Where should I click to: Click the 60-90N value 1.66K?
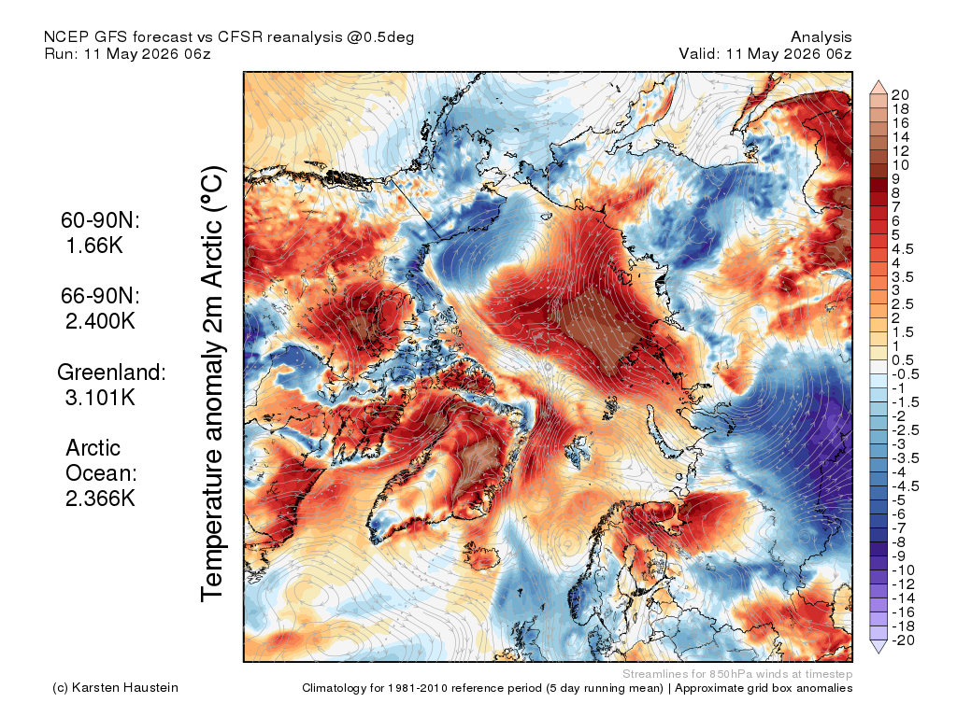click(94, 246)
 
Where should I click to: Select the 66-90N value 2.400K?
click(100, 321)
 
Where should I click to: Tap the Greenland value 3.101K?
click(100, 397)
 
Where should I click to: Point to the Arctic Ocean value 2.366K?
click(100, 499)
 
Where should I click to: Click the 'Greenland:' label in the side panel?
click(112, 372)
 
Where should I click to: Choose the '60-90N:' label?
click(100, 220)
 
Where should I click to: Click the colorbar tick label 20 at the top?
click(900, 95)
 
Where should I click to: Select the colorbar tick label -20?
click(903, 640)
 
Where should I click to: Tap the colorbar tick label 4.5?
click(903, 249)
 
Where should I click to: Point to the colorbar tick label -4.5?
click(905, 486)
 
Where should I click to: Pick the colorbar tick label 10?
click(900, 165)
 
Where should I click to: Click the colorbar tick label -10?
click(903, 570)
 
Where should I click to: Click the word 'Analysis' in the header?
click(821, 37)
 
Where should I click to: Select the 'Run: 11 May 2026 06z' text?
click(127, 53)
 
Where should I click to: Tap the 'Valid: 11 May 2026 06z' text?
click(765, 53)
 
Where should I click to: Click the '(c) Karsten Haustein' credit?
click(115, 688)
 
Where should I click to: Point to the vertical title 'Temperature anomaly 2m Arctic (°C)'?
click(212, 384)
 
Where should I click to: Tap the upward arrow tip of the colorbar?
click(878, 80)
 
